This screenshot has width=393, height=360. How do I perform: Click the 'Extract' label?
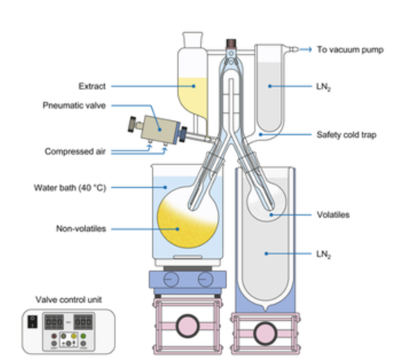(x=92, y=86)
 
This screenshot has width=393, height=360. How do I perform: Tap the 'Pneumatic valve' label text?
(x=74, y=105)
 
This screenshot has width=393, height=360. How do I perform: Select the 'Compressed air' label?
(x=75, y=151)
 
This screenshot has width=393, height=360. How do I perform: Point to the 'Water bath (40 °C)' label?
(x=70, y=188)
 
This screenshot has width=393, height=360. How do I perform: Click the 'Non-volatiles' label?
(x=81, y=229)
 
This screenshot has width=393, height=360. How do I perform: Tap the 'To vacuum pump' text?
(x=350, y=50)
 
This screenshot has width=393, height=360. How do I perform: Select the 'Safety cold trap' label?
(x=346, y=135)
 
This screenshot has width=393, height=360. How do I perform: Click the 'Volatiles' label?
(x=333, y=215)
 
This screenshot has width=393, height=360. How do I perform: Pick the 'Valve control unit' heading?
(x=69, y=300)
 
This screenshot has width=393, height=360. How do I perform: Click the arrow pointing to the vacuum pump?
(x=306, y=49)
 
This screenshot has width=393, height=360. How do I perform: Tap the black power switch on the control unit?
(x=32, y=322)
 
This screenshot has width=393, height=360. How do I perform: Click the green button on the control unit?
(x=83, y=336)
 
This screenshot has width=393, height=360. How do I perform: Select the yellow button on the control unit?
(x=73, y=336)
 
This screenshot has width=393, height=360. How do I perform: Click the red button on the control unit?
(x=54, y=336)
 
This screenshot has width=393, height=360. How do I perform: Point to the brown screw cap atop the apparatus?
(x=231, y=44)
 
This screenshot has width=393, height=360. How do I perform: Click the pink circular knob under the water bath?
(x=187, y=326)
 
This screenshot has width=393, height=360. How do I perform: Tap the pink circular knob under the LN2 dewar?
(x=265, y=333)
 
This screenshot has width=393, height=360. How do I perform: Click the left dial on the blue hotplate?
(x=171, y=279)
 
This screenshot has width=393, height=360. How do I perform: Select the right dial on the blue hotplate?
(x=205, y=279)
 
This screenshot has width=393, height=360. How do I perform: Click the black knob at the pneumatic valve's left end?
(x=132, y=125)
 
